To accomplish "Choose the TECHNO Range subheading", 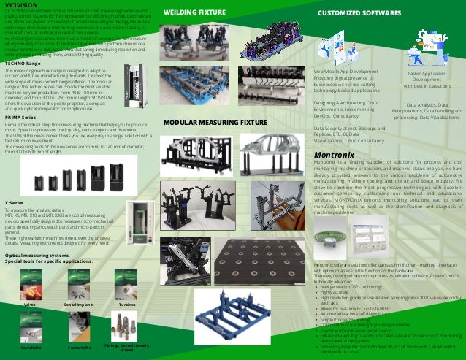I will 23,64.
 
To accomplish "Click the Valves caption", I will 30,303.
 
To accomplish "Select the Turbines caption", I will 127,303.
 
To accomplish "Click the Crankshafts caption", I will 78,348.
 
